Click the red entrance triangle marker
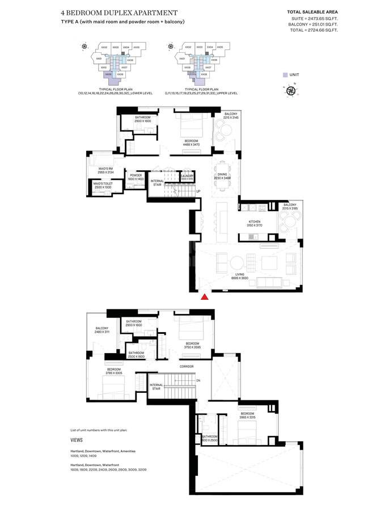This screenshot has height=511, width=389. coord(205,296)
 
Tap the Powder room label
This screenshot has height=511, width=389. coord(136,177)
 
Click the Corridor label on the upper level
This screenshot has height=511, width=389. coord(187,367)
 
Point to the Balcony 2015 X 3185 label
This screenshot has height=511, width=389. coord(290,207)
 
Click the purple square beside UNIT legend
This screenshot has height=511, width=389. coord(285,74)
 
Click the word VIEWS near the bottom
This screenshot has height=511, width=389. coord(76,439)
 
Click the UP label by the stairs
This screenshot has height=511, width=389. coord(198,191)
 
